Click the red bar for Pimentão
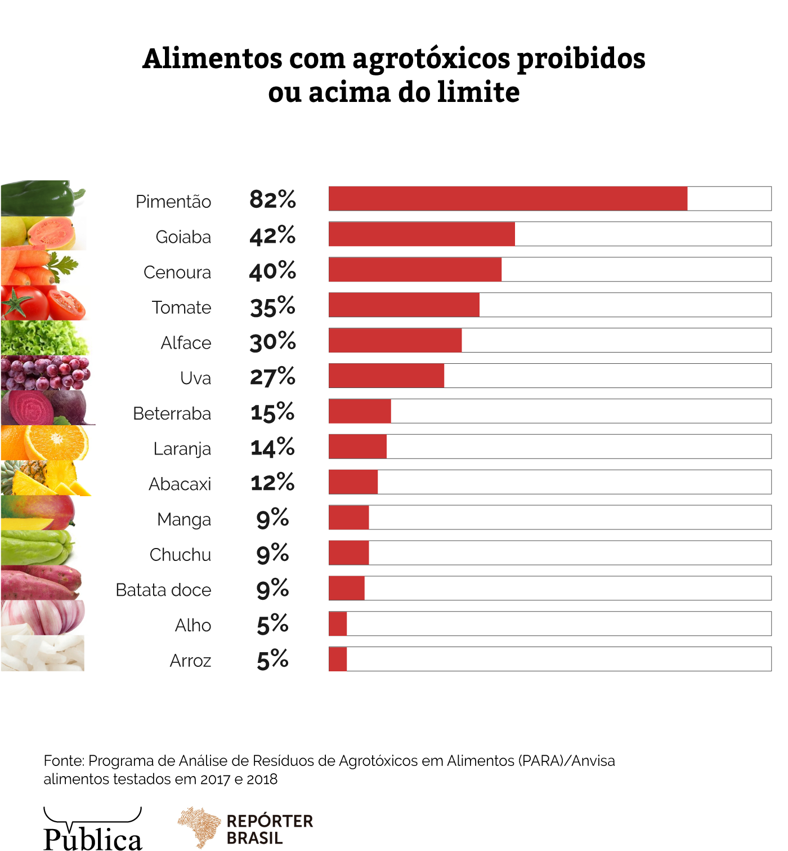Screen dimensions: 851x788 508,199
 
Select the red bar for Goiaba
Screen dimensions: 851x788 422,234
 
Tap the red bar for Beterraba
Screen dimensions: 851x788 360,411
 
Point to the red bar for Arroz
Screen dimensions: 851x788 338,659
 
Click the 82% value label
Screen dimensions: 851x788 272,199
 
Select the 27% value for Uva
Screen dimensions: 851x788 272,377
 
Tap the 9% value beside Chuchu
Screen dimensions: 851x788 272,554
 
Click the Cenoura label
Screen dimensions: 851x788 177,273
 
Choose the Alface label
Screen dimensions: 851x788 186,343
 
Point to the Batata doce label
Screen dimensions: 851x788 163,590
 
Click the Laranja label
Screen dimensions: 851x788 182,449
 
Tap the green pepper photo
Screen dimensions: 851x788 42,198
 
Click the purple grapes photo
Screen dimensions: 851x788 45,373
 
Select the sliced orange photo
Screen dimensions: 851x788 45,443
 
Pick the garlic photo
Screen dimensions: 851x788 43,617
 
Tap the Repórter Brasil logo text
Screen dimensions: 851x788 269,829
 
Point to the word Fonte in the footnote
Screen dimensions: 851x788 62,761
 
